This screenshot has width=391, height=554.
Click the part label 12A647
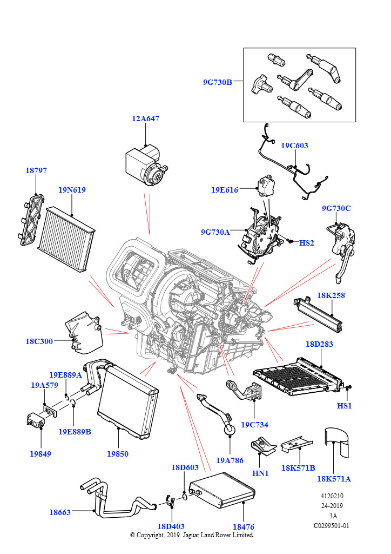pos(145,118)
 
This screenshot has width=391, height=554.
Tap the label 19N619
pos(72,190)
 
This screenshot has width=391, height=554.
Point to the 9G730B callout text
pos(217,82)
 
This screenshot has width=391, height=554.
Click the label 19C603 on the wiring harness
pos(294,146)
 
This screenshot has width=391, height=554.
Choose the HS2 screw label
pos(306,243)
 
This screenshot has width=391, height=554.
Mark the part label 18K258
pos(331,295)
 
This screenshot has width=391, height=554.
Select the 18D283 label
pos(319,344)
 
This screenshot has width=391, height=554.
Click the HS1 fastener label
pos(344,406)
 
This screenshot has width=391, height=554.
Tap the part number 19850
pos(117,454)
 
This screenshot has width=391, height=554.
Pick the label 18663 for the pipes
pos(59,512)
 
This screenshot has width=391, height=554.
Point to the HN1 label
pos(260,473)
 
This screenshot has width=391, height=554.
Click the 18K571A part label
pos(334,478)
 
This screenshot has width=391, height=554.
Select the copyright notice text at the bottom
pos(192,535)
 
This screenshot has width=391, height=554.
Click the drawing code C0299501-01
pos(332,525)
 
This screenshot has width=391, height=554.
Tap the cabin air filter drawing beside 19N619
pos(71,239)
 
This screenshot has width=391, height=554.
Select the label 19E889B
pos(75,432)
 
